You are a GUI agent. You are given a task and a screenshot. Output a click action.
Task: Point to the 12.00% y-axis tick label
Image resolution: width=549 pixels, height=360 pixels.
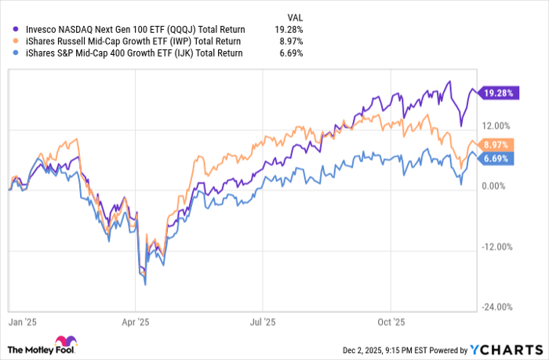click(496, 125)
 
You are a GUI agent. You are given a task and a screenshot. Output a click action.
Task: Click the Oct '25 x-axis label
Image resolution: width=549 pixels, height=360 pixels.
click(390, 321)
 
